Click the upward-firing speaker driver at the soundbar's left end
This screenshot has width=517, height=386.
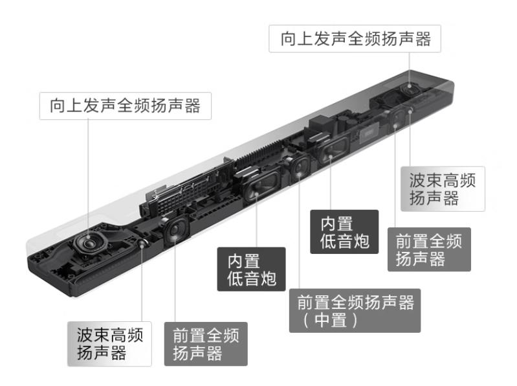[x=86, y=245]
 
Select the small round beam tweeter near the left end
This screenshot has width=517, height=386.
[x=142, y=242]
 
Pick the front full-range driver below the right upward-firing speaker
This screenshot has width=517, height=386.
[x=395, y=117]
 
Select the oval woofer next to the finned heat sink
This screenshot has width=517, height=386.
[x=256, y=188]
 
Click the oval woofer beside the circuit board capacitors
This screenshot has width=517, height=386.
[x=331, y=150]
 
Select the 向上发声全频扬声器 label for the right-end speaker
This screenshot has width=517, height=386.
[x=355, y=38]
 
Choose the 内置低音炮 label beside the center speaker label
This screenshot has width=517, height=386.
[x=251, y=269]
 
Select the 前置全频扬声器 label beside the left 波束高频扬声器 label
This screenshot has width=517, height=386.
[x=205, y=344]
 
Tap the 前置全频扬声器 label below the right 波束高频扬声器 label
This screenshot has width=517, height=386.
[x=428, y=250]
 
